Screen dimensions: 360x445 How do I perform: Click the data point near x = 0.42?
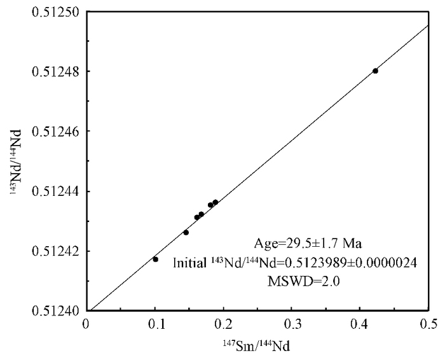tap(376, 71)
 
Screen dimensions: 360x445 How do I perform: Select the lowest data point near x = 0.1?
tap(155, 259)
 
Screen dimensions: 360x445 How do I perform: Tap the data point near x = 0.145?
tap(186, 232)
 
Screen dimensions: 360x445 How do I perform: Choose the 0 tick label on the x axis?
tap(86, 324)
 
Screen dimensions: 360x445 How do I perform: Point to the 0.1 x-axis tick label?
tap(155, 324)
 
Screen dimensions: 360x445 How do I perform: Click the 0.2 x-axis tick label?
tap(224, 324)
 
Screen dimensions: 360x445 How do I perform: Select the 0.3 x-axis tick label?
tap(292, 324)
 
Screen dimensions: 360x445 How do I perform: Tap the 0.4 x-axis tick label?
tap(360, 324)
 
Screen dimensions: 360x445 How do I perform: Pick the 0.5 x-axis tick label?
tap(429, 324)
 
